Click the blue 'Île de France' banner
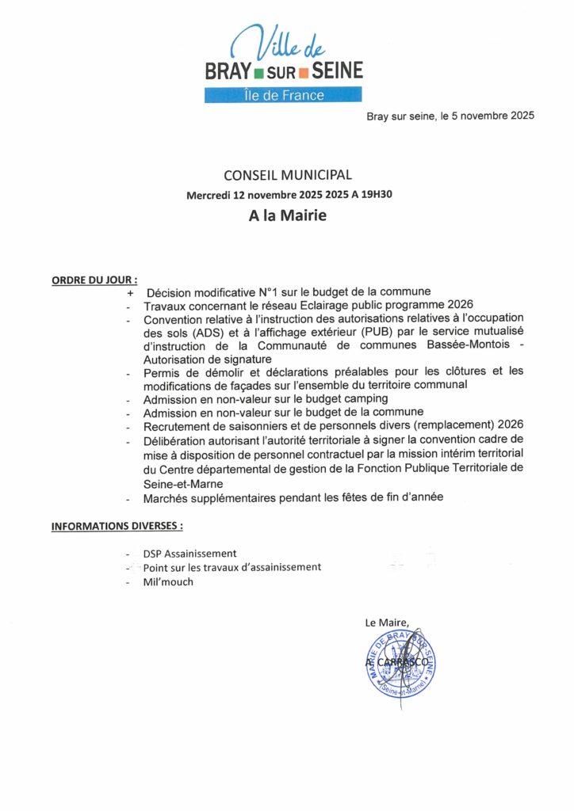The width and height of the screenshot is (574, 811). coord(283,95)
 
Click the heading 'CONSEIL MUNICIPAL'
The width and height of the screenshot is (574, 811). coord(287,175)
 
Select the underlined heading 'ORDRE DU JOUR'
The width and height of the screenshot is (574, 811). coord(94,280)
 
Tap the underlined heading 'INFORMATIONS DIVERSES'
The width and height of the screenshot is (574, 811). coord(117,526)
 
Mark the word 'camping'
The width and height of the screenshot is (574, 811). coord(365,398)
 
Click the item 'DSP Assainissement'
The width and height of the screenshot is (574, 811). coord(189,554)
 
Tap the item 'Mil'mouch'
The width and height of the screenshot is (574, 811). coord(168,581)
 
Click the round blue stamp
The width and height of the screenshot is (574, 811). coord(400,664)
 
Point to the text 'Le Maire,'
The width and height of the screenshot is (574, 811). coord(387,623)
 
